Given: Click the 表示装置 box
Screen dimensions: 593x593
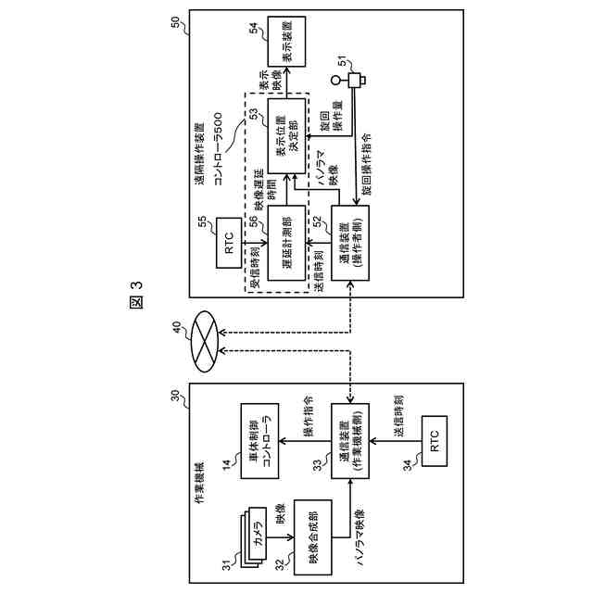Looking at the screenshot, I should (285, 40).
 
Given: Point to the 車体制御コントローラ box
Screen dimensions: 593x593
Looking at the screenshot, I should (259, 442).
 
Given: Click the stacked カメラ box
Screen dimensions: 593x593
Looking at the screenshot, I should (259, 540).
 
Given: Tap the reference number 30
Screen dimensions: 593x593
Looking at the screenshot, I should (178, 397).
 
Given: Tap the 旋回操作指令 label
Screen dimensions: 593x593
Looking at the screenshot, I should (364, 167).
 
